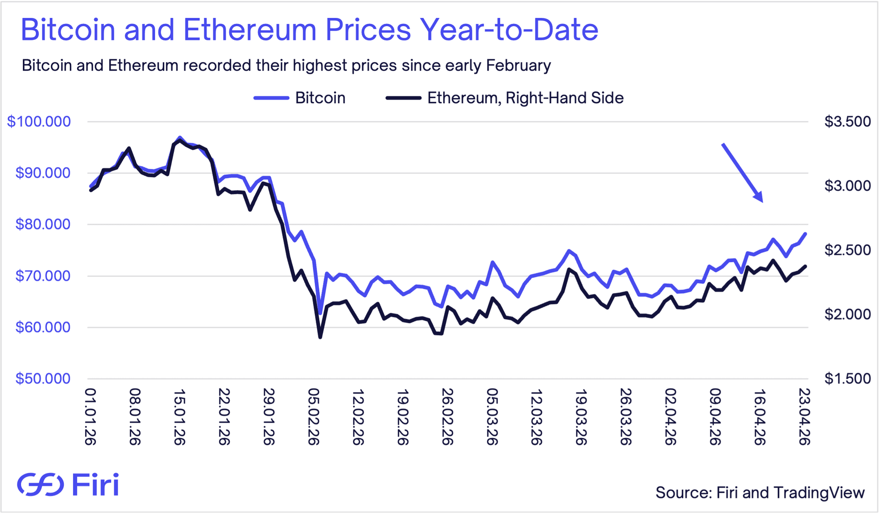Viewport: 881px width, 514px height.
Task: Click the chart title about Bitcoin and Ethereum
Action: click(x=309, y=30)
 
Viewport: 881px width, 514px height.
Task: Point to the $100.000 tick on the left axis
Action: click(x=39, y=122)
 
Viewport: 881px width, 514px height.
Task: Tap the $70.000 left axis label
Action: click(x=43, y=276)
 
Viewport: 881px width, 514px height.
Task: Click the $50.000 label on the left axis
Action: click(x=43, y=379)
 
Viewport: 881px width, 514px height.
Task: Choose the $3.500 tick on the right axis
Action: click(x=847, y=122)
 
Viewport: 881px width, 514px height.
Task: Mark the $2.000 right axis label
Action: click(x=847, y=314)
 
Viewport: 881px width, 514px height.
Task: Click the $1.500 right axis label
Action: click(x=847, y=379)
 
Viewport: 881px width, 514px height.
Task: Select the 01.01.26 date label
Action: click(x=90, y=416)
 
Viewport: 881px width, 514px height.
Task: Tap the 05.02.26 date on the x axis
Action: click(x=313, y=416)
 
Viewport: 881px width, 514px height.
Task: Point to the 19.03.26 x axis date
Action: click(x=581, y=416)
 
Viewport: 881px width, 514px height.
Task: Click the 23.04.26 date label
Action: click(x=804, y=416)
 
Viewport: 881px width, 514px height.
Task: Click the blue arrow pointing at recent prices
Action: click(x=742, y=173)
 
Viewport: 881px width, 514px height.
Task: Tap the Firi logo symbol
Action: click(x=40, y=485)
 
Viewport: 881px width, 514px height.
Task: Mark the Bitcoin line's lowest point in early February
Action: click(x=320, y=313)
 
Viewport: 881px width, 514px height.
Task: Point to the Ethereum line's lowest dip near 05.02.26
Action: click(x=320, y=337)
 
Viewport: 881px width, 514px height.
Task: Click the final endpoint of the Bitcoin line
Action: click(x=806, y=234)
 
